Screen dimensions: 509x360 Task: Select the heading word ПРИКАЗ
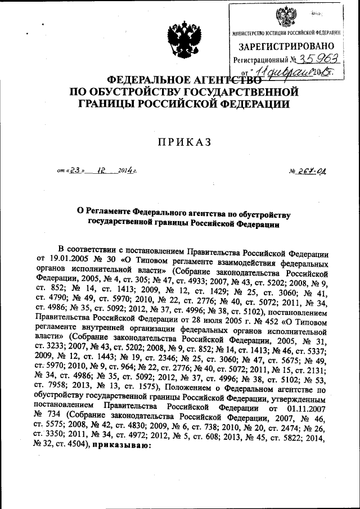179,143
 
